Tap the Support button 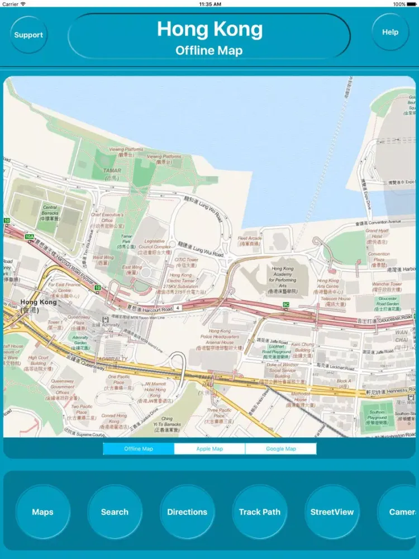(28, 35)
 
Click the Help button (390, 32)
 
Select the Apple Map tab (209, 449)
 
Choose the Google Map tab (280, 449)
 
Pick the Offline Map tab (139, 449)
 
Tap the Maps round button (42, 512)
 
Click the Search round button (115, 512)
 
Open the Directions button (187, 512)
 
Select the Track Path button (260, 512)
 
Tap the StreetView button (332, 512)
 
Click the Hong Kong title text (209, 29)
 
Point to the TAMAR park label (112, 171)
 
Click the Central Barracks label (50, 213)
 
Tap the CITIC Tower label (187, 262)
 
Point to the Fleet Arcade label (250, 241)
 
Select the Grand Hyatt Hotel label (378, 236)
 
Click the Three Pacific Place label (219, 413)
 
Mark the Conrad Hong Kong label (114, 419)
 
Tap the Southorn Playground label (377, 417)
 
